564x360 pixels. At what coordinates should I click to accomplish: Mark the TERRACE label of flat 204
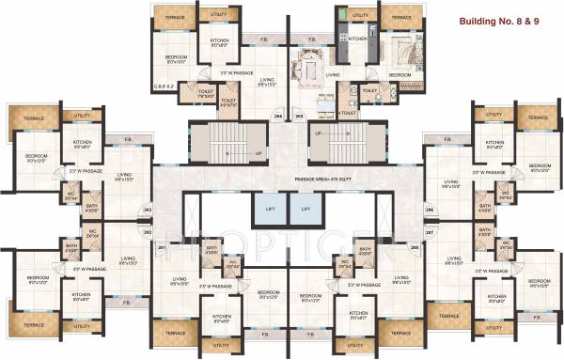[x=175, y=18]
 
